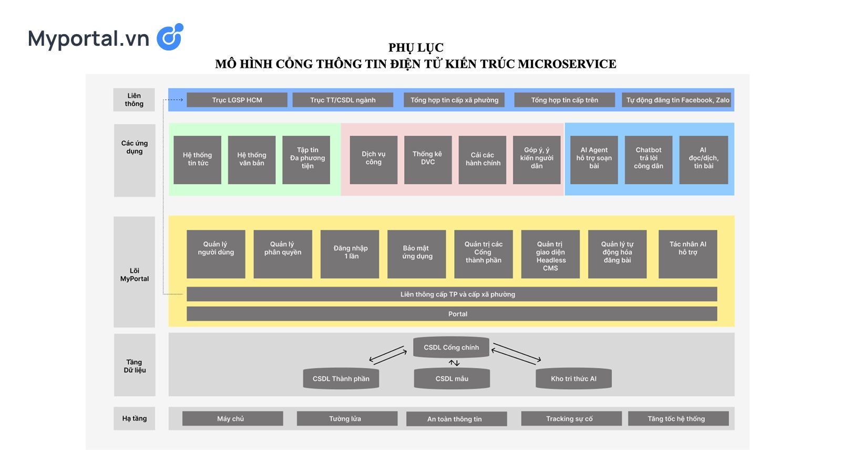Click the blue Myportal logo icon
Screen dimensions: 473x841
170,37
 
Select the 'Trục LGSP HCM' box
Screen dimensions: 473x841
237,100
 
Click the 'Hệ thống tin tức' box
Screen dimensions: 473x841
197,160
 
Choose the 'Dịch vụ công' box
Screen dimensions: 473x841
373,160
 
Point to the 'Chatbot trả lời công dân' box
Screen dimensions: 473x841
648,160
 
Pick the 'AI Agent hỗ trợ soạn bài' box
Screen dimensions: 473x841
594,160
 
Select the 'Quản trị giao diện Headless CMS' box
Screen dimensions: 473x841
550,254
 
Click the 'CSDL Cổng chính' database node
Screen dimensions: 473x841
451,347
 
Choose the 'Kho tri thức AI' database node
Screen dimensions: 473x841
573,378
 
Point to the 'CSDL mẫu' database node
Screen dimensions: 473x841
452,378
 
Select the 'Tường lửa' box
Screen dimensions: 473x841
345,419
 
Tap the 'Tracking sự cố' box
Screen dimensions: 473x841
570,419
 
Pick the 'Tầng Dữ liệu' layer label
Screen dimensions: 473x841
135,365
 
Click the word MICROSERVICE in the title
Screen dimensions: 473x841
567,64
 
